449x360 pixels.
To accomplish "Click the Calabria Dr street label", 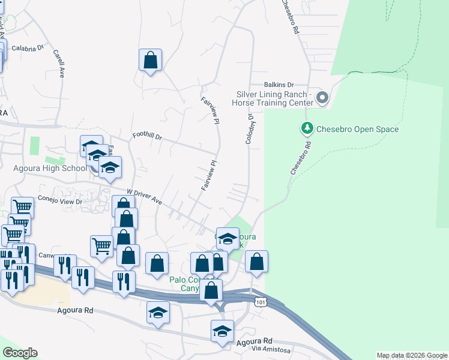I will [x=28, y=48].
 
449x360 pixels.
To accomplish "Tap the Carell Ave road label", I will [x=59, y=64].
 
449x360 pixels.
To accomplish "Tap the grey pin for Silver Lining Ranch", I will [x=322, y=98].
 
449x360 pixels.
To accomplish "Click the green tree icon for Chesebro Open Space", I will [x=307, y=128].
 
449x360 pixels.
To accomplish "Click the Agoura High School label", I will [x=50, y=169].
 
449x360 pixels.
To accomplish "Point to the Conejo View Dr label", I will [x=59, y=200].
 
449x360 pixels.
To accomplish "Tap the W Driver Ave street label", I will [x=145, y=197].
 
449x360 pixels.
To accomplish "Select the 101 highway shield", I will [x=259, y=303].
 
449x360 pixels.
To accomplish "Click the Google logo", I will [x=20, y=353].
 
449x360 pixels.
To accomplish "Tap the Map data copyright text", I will [x=412, y=355].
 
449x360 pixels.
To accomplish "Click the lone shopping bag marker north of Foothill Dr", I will [x=150, y=60].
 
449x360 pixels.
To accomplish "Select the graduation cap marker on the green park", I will [x=228, y=239].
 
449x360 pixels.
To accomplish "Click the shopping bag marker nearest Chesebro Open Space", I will [x=256, y=262].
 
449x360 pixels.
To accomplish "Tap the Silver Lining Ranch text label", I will [x=274, y=98].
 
